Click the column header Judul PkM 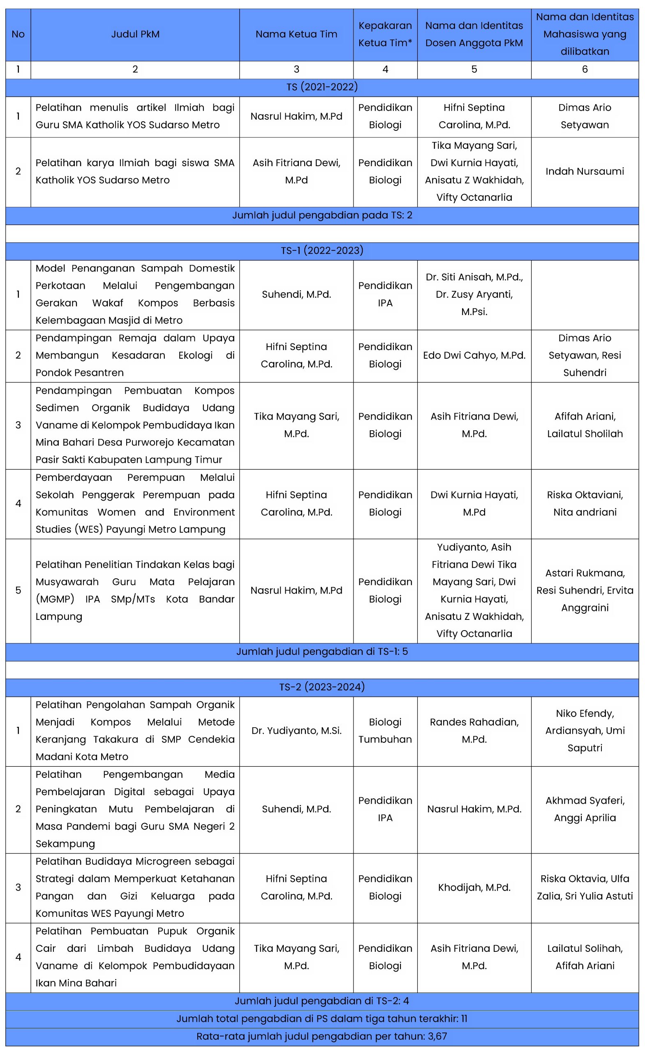(135, 34)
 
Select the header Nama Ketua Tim (296, 34)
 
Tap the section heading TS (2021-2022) (321, 87)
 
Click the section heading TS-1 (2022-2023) (321, 250)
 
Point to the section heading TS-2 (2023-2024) (321, 687)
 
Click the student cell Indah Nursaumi (584, 172)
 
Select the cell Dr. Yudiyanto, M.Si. (296, 731)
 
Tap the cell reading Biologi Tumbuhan (385, 731)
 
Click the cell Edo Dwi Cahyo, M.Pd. (474, 355)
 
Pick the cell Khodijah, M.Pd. (474, 888)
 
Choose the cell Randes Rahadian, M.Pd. (474, 731)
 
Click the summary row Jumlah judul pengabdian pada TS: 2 (321, 216)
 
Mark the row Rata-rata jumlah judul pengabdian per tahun (321, 1036)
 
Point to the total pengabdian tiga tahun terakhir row (321, 1019)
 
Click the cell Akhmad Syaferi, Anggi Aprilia (584, 809)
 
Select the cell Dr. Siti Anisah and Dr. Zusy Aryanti (474, 295)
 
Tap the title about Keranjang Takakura (135, 731)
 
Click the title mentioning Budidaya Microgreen (135, 888)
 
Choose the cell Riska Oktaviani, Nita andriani (584, 503)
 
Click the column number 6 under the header (584, 70)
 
